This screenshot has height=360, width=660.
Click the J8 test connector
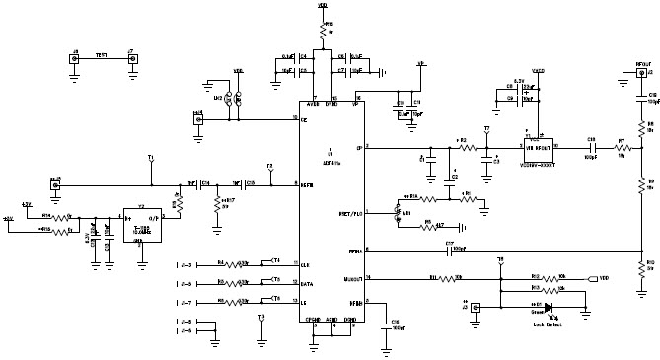pos(75,58)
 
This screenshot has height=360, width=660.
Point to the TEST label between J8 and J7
pos(102,55)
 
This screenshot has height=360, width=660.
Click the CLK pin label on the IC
pos(305,266)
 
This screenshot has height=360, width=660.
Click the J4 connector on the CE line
pos(199,118)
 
